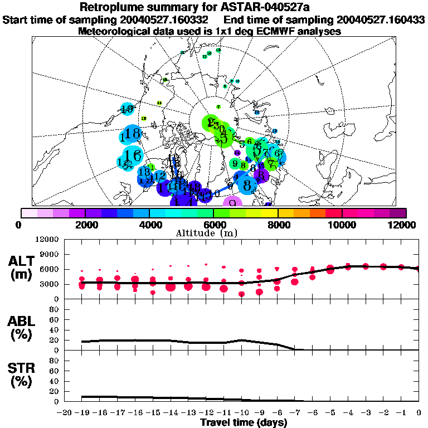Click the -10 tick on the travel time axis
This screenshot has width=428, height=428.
click(241, 412)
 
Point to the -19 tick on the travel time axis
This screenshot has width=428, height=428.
click(81, 412)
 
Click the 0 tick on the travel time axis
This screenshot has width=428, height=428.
click(419, 412)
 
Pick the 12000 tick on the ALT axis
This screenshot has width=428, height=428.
click(48, 240)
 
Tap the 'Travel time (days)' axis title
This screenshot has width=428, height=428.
click(244, 422)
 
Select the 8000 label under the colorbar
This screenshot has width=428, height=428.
click(278, 225)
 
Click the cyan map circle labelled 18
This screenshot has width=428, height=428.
click(132, 134)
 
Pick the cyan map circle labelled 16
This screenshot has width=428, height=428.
click(133, 155)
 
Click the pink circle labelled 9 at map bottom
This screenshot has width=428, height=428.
click(232, 203)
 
